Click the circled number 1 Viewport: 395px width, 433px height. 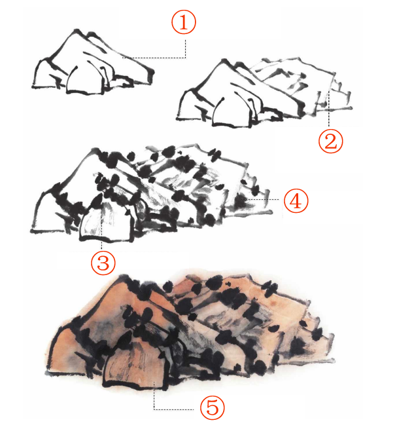coord(184,22)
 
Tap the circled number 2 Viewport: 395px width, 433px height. coord(331,141)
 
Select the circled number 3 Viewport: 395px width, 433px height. coord(103,262)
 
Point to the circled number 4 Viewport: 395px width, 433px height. coord(296,200)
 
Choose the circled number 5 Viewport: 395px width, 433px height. coord(213,407)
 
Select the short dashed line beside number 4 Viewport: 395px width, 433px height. coord(264,199)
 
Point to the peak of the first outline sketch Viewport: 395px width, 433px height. coord(77,30)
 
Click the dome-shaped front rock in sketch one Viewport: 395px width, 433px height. coord(84,81)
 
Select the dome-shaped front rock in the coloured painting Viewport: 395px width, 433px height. coord(135,364)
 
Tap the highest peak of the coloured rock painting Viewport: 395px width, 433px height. coord(123,277)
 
